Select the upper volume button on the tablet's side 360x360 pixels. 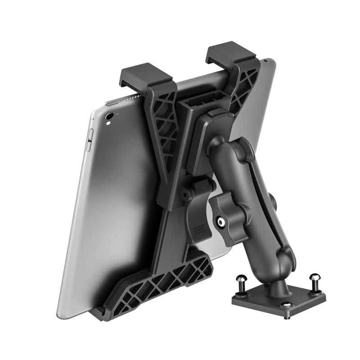(x=90, y=134)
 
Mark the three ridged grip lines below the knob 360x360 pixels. (x=198, y=230)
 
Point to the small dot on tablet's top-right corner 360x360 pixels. (x=266, y=59)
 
